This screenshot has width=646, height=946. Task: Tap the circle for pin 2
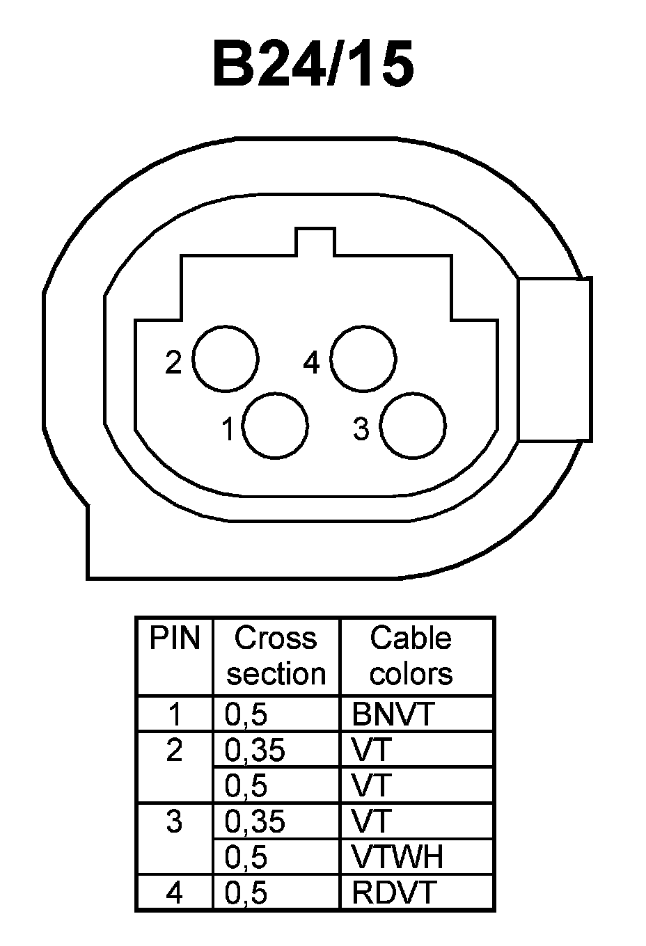pyautogui.click(x=226, y=360)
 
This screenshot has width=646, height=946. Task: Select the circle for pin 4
pyautogui.click(x=363, y=360)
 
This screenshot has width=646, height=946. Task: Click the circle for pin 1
pyautogui.click(x=276, y=426)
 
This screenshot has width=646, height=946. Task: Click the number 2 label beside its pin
pyautogui.click(x=173, y=362)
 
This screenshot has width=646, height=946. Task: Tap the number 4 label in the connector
pyautogui.click(x=311, y=362)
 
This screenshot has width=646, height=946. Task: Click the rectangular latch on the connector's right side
pyautogui.click(x=555, y=359)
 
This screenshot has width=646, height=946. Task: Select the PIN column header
pyautogui.click(x=174, y=638)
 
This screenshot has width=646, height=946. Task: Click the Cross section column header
pyautogui.click(x=276, y=655)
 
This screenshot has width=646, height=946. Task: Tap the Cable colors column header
pyautogui.click(x=411, y=655)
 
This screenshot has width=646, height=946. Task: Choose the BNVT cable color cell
pyautogui.click(x=393, y=714)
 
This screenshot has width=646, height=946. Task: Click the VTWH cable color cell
pyautogui.click(x=397, y=857)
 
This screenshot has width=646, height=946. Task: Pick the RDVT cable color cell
pyautogui.click(x=394, y=892)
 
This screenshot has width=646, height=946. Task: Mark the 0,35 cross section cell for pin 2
pyautogui.click(x=255, y=749)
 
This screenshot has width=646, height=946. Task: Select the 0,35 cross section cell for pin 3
pyautogui.click(x=255, y=821)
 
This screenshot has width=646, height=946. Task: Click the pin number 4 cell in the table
pyautogui.click(x=174, y=892)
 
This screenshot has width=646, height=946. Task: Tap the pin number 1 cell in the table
pyautogui.click(x=174, y=714)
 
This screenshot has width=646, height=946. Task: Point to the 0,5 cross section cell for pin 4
pyautogui.click(x=246, y=892)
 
